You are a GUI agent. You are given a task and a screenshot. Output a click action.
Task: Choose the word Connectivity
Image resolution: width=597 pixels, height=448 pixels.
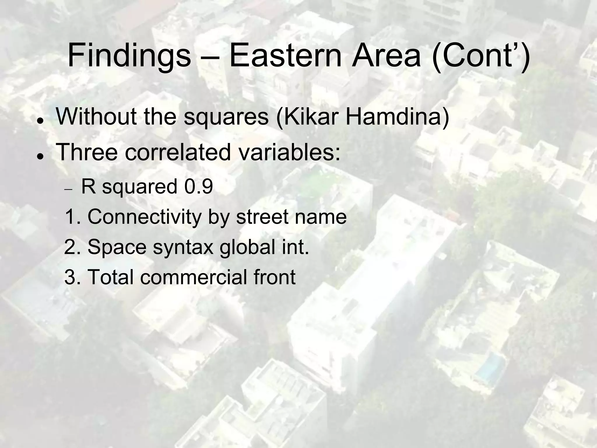pyautogui.click(x=144, y=217)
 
